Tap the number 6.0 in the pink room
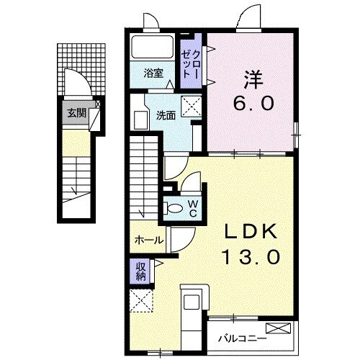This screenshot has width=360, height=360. (253, 104)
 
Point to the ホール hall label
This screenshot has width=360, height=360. (149, 240)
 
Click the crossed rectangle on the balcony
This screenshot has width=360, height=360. (283, 329)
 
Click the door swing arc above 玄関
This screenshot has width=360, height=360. (77, 83)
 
